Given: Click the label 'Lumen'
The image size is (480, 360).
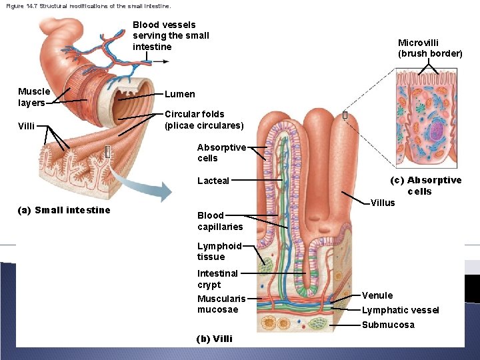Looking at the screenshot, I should click(x=180, y=94).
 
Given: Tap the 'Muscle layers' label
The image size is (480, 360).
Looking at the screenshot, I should click(x=33, y=97).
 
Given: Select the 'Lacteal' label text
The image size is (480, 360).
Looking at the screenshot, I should click(x=213, y=181).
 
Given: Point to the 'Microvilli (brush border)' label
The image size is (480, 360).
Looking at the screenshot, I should click(x=429, y=48).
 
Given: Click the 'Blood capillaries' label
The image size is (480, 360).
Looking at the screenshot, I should click(x=219, y=221).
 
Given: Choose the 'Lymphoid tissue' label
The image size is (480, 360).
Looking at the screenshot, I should click(x=219, y=251).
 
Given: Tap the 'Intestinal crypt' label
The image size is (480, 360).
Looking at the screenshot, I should click(x=217, y=279).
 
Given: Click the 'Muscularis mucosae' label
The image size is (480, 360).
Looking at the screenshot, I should click(x=221, y=304).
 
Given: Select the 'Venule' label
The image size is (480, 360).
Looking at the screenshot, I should click(x=377, y=295).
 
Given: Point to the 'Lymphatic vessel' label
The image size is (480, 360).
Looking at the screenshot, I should click(x=400, y=310).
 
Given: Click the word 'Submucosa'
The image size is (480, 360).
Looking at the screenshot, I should click(x=387, y=325).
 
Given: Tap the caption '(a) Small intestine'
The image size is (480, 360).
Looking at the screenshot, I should click(x=64, y=210).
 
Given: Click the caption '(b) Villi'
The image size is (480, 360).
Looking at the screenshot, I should click(x=214, y=339).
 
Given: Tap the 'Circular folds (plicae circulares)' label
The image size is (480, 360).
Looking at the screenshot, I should click(x=204, y=120).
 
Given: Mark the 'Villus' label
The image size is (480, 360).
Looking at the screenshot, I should click(x=383, y=203).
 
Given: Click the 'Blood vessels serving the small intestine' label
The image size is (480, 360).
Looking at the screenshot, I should click(x=171, y=35).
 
